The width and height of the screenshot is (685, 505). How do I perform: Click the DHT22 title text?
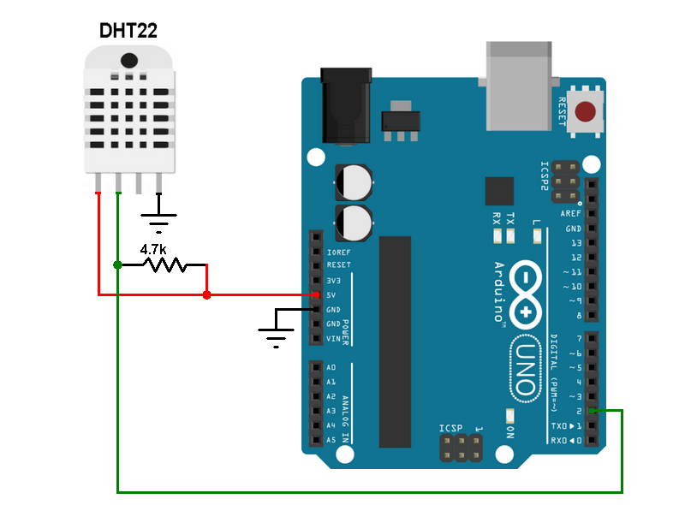pos(128,31)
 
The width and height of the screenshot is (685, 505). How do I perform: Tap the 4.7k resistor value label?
pos(152,249)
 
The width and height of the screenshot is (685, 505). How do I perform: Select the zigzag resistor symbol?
pos(163,265)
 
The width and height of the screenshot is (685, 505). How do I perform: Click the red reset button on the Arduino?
pos(586,112)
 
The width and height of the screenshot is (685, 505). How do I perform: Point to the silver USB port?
pos(517,86)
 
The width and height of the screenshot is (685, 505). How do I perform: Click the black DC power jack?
pos(346,106)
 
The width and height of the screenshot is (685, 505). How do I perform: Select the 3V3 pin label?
pos(333,281)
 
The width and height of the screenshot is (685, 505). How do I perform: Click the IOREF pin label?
pos(337,252)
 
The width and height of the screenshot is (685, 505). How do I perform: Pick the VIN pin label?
pos(333,339)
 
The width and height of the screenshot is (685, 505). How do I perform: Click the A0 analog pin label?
pos(331,367)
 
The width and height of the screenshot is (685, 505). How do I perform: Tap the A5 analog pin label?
pos(331,440)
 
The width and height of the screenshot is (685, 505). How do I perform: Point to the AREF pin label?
pos(570,214)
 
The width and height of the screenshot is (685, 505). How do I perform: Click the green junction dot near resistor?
pos(117,265)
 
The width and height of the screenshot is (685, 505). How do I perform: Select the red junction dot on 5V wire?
pos(206,295)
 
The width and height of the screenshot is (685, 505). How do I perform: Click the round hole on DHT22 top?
pos(129,60)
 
